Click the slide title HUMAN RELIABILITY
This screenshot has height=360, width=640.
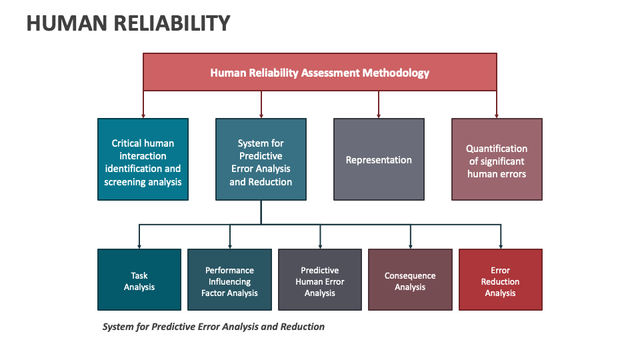point(128,23)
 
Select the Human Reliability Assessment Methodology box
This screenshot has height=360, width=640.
point(319,73)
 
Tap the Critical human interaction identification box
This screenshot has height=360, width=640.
point(143,159)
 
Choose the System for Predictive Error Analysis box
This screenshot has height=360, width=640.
point(261,159)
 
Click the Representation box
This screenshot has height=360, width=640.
point(379,159)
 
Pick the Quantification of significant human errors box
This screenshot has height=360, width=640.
point(497,159)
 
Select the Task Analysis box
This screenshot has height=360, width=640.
point(139,280)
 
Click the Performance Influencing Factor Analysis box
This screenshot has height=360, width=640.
point(229,280)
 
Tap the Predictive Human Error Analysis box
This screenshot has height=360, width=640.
point(320,280)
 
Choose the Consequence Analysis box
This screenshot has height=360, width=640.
point(410,280)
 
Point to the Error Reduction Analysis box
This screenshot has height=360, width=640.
point(500,280)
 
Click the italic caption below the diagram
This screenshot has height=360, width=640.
point(213,327)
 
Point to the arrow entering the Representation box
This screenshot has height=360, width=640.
point(379,107)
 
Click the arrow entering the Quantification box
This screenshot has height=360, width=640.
point(497,107)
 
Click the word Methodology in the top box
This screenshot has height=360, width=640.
point(395,73)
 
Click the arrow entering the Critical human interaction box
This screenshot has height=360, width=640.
point(143,107)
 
